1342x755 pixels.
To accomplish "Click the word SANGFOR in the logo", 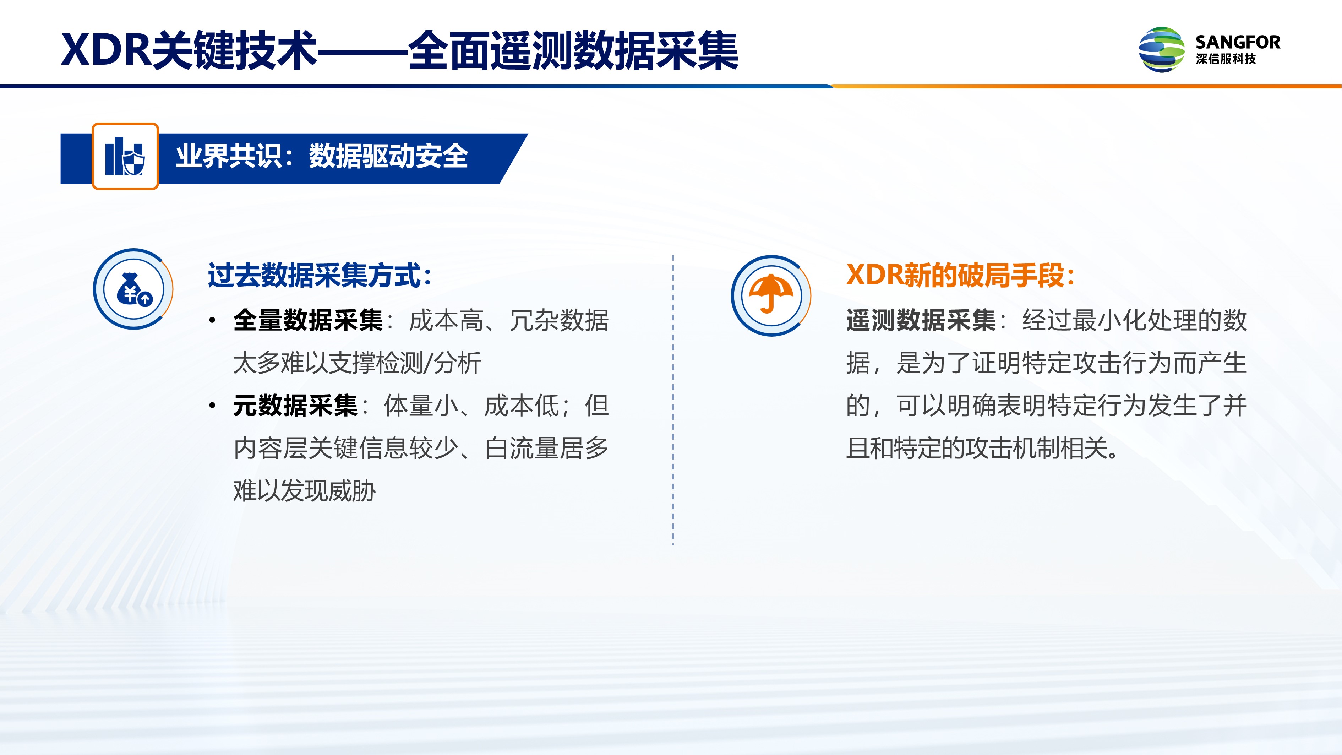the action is tap(1238, 42).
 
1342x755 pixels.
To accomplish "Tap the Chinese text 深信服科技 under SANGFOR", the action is tap(1226, 59).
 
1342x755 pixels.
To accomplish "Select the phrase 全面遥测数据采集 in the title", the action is tap(573, 50).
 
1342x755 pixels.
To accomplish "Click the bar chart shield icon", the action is tap(125, 156).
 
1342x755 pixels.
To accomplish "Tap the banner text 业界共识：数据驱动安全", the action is tap(322, 156).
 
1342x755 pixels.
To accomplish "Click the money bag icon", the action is tap(133, 289).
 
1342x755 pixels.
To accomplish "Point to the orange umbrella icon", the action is tap(771, 295).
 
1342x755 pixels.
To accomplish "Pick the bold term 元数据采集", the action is tap(295, 405).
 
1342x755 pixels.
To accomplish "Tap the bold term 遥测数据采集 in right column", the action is tap(921, 320).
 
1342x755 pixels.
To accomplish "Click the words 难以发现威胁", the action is tap(304, 491).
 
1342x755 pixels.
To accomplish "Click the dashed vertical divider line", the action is tap(673, 400).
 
